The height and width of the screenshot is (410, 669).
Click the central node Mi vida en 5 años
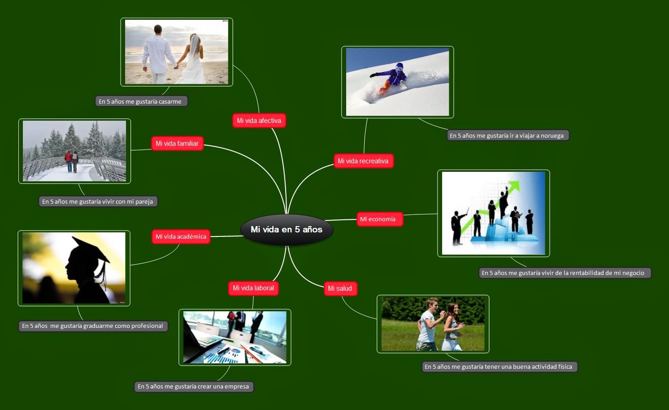point(287,229)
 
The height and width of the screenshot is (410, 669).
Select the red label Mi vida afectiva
point(259,121)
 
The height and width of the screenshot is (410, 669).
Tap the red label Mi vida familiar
point(177,144)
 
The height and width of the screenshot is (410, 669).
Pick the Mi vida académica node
point(181,237)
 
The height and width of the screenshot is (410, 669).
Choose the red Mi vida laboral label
point(253,288)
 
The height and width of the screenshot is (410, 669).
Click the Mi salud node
point(340,288)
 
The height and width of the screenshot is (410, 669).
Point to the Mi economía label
point(378,219)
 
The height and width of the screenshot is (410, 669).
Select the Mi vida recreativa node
point(363,161)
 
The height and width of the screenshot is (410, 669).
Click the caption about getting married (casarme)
point(140,101)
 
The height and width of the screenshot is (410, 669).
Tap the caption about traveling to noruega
point(507,135)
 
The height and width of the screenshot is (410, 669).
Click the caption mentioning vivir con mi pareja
point(98,201)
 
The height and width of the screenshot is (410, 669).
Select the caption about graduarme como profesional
point(92,326)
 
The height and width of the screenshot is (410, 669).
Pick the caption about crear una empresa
point(193,387)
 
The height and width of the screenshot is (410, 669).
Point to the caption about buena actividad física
point(498,367)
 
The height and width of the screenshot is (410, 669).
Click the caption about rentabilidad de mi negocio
point(563,273)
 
